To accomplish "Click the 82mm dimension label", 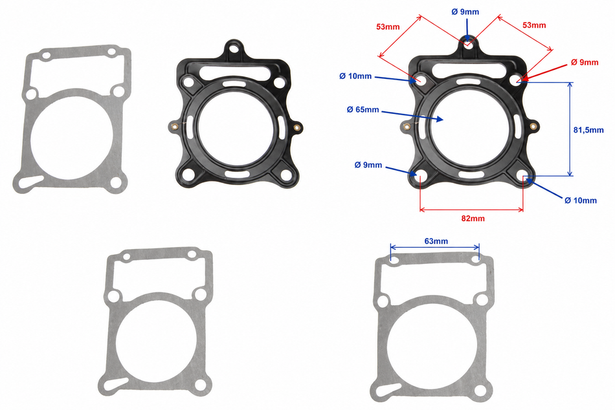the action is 473,219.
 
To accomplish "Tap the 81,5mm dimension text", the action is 588,130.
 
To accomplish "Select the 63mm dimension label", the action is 436,241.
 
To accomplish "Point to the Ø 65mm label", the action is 363,110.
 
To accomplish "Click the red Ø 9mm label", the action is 585,62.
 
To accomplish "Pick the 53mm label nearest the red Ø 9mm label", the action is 534,25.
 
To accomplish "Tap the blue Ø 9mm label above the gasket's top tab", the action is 465,12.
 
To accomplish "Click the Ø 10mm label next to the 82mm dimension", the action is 581,200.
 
